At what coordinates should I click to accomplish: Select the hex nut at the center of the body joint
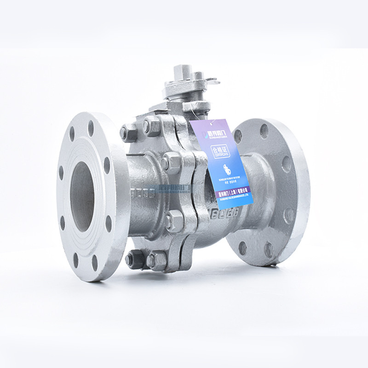(172, 162)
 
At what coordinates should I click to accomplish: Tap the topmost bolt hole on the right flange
(264, 131)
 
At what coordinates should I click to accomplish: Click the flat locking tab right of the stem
(211, 82)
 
